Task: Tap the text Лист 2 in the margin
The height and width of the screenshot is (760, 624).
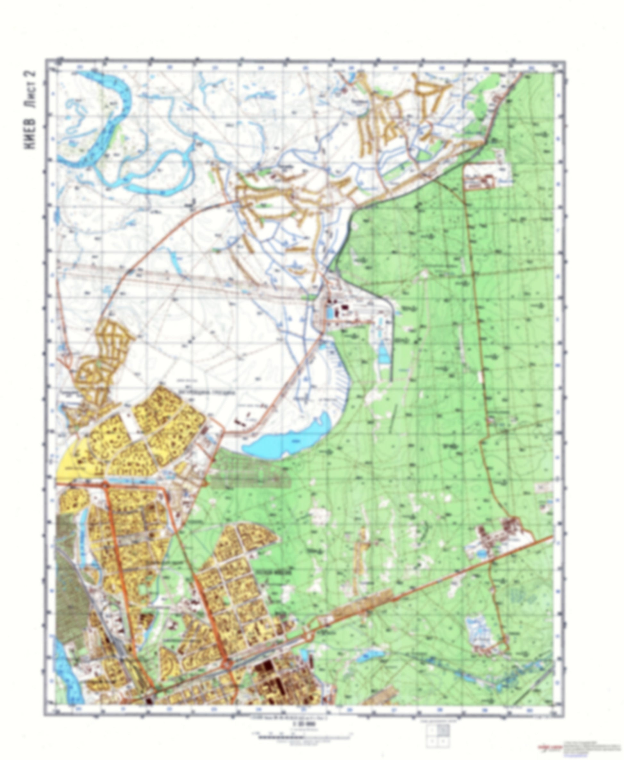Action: pos(32,89)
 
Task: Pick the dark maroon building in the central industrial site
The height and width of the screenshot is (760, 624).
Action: pos(346,308)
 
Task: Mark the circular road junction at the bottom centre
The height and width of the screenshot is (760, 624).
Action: pos(228,665)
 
